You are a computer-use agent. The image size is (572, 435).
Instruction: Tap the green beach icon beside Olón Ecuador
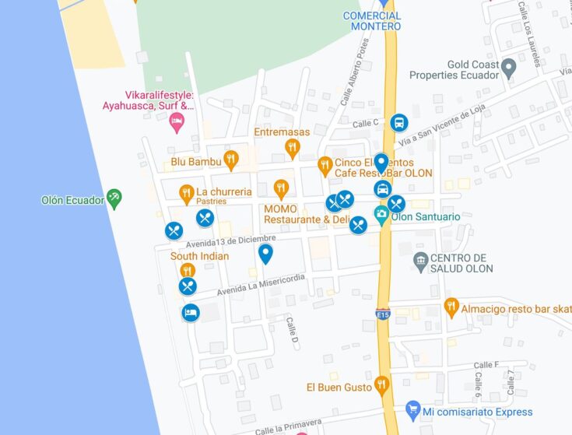[114, 199]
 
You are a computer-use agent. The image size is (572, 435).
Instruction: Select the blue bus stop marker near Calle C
[398, 123]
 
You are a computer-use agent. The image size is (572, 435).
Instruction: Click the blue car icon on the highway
[382, 189]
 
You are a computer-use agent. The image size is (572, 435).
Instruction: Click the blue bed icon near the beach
[190, 313]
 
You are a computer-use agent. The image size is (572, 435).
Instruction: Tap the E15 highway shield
[382, 314]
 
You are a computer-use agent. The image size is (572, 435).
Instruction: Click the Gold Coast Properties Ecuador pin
[508, 68]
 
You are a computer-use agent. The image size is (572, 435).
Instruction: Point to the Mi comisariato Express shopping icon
[413, 410]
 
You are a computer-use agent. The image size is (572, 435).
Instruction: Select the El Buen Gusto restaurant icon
[381, 384]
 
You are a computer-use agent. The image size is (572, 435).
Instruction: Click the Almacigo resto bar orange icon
[451, 307]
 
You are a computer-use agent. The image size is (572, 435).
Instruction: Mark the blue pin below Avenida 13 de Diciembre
[265, 253]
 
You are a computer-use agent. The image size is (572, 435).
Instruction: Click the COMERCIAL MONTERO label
[372, 21]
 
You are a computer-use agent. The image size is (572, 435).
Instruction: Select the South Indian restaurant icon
[187, 270]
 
